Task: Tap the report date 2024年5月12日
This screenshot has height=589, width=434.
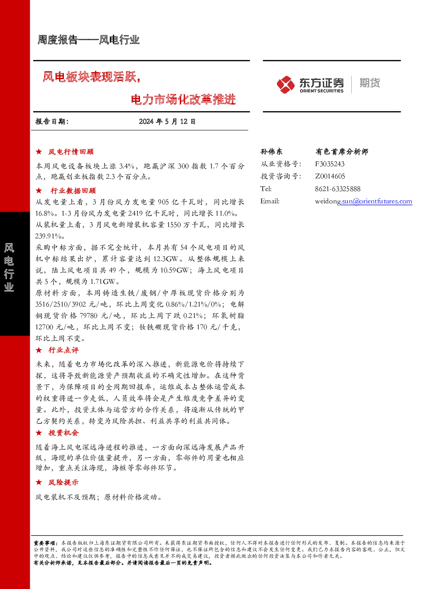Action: click(167, 122)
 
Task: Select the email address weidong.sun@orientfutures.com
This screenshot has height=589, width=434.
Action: click(364, 202)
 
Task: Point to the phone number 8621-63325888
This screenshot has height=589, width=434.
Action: click(338, 189)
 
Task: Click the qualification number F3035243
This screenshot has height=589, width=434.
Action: click(329, 164)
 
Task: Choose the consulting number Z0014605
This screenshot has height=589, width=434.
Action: click(330, 176)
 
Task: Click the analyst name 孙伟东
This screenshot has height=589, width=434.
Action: click(271, 151)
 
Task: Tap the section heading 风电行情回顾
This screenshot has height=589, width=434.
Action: click(71, 152)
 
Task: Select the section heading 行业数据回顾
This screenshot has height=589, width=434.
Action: click(73, 191)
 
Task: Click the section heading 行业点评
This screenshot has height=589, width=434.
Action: click(63, 350)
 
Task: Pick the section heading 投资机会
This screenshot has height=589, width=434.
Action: click(63, 433)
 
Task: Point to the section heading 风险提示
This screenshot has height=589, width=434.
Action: click(63, 482)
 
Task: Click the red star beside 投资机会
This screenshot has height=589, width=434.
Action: click(39, 433)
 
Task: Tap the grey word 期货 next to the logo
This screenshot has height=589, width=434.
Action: click(370, 83)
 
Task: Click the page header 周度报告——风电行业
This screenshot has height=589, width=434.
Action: click(88, 40)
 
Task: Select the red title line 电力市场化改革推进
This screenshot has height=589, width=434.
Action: click(183, 99)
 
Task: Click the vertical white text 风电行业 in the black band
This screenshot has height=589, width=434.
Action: click(9, 268)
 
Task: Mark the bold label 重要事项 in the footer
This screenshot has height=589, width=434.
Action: click(45, 543)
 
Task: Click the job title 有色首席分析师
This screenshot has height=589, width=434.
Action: click(342, 151)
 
